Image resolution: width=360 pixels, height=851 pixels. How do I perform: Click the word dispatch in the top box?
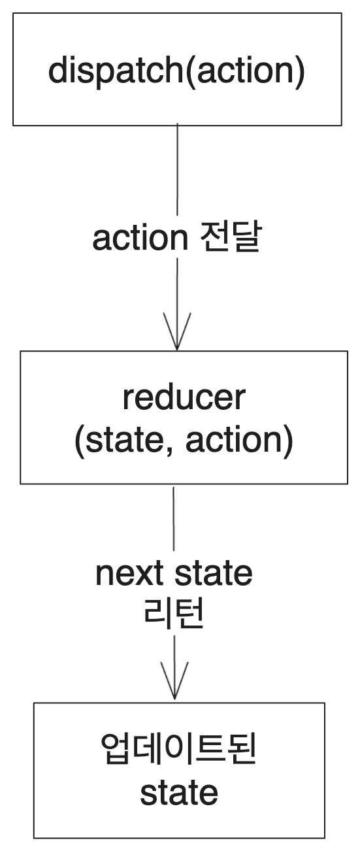pyautogui.click(x=116, y=71)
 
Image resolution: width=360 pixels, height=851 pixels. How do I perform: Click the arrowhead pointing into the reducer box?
pyautogui.click(x=176, y=333)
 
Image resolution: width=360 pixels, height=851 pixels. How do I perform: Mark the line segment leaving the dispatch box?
pyautogui.click(x=177, y=170)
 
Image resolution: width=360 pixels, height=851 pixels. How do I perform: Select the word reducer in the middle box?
pyautogui.click(x=184, y=398)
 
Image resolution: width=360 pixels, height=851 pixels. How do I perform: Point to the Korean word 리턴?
pyautogui.click(x=174, y=614)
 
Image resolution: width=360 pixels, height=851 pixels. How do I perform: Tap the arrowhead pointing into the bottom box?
pyautogui.click(x=174, y=683)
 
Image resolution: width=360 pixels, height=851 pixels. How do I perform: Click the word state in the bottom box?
pyautogui.click(x=179, y=792)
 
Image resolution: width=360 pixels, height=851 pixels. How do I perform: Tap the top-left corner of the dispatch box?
pyautogui.click(x=14, y=14)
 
